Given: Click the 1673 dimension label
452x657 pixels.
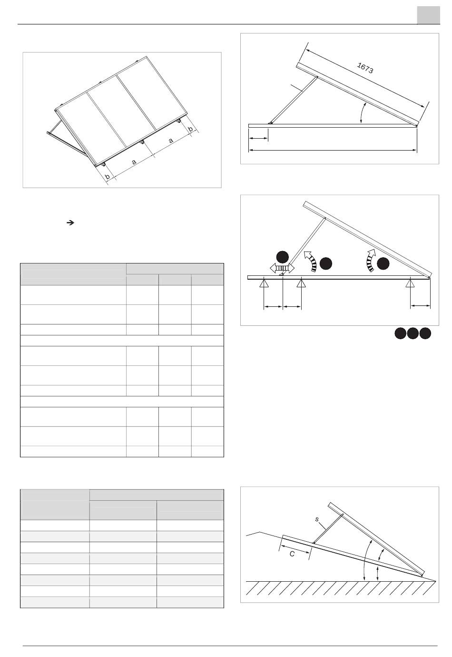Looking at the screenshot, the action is pyautogui.click(x=365, y=68).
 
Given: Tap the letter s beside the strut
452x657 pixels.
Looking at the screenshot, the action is pyautogui.click(x=317, y=519).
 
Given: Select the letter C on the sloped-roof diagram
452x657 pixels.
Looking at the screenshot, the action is pyautogui.click(x=292, y=554).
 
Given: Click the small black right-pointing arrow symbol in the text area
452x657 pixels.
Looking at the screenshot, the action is pyautogui.click(x=70, y=222).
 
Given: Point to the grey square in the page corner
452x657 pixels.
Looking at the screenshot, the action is pyautogui.click(x=428, y=15).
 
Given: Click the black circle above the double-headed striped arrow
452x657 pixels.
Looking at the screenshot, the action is pyautogui.click(x=283, y=257).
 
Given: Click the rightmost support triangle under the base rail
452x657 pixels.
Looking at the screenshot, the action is pyautogui.click(x=410, y=283).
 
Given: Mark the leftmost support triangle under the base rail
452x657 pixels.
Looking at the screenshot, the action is pyautogui.click(x=264, y=283).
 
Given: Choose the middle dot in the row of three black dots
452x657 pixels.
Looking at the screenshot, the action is pyautogui.click(x=413, y=333).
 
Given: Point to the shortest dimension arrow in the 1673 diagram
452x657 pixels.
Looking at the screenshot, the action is pyautogui.click(x=258, y=139).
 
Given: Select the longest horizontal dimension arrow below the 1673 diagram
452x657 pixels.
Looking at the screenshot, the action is pyautogui.click(x=333, y=150).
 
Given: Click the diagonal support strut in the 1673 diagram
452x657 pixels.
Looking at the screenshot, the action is pyautogui.click(x=294, y=100).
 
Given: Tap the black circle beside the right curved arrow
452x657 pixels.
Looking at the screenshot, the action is pyautogui.click(x=383, y=263).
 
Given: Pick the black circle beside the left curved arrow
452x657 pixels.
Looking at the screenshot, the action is pyautogui.click(x=326, y=263).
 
